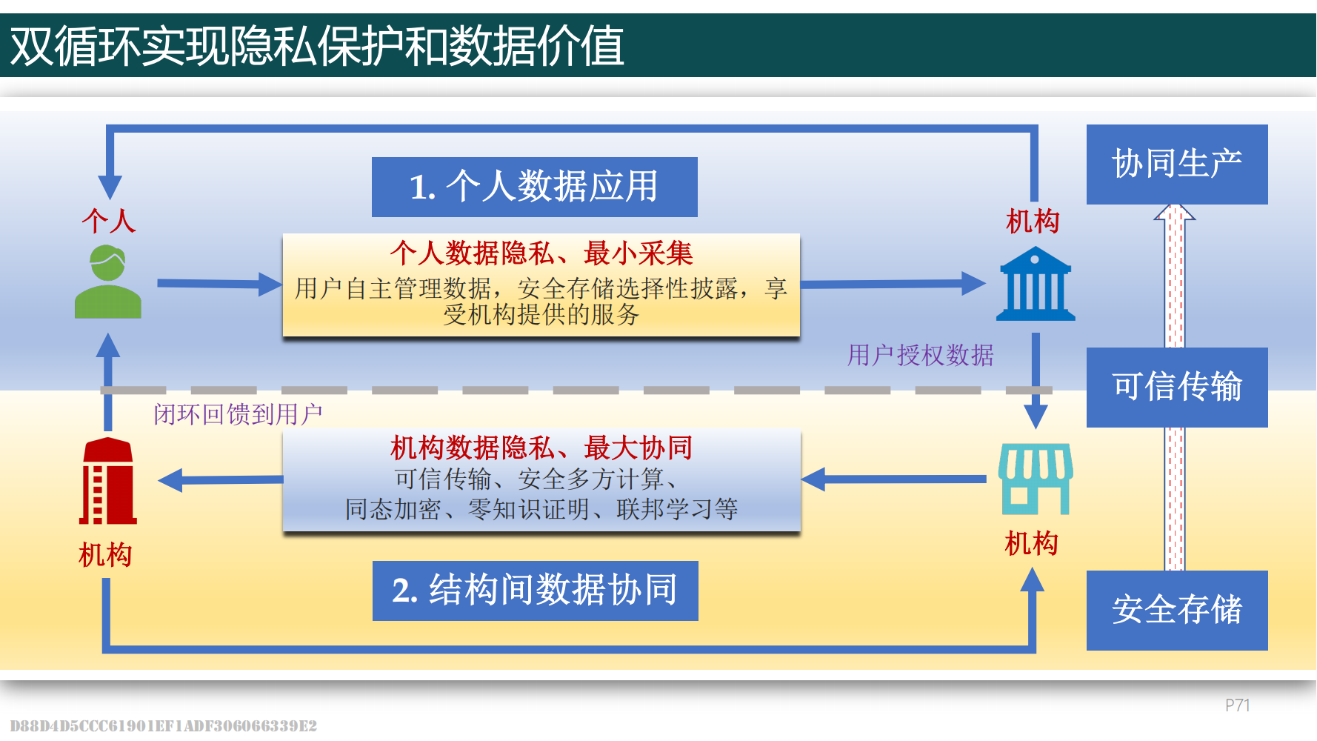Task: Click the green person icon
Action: coord(108,282)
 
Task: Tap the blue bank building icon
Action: coord(1035,285)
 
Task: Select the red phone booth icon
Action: coord(108,481)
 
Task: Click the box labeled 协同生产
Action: coord(1176,165)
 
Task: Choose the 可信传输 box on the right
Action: coord(1176,387)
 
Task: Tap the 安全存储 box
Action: coord(1176,610)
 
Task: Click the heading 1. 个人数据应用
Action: coord(534,187)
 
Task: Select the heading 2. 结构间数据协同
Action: coord(535,591)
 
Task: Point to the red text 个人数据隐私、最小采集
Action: coord(541,253)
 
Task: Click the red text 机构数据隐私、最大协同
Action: coord(541,448)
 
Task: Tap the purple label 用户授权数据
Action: coord(920,356)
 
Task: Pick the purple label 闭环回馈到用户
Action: coord(238,414)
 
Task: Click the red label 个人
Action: coord(109,221)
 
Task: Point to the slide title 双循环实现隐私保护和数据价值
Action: coord(317,46)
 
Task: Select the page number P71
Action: coord(1237,705)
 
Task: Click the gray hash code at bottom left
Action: coord(163,726)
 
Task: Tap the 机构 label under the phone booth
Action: coord(105,555)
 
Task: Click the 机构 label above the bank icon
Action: coord(1033,221)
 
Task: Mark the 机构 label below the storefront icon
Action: coord(1031,544)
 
